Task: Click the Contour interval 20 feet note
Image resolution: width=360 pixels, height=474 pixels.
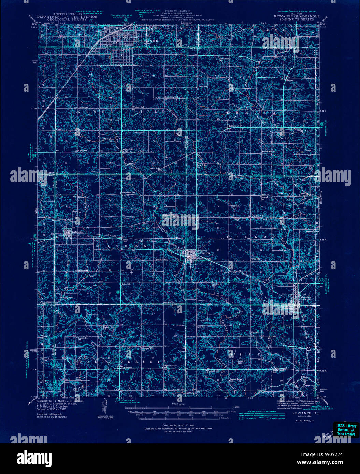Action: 178,425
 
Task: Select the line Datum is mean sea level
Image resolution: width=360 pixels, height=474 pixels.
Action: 178,431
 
